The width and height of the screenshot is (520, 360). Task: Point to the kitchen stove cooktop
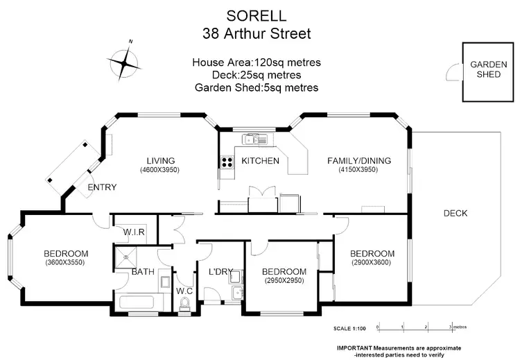[227, 163]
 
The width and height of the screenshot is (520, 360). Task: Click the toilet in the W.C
[184, 303]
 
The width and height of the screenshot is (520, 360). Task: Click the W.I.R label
[134, 232]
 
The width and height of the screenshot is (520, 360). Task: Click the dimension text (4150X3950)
[358, 170]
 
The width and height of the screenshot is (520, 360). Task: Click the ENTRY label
[101, 187]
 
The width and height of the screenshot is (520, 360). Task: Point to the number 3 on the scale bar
[451, 325]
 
